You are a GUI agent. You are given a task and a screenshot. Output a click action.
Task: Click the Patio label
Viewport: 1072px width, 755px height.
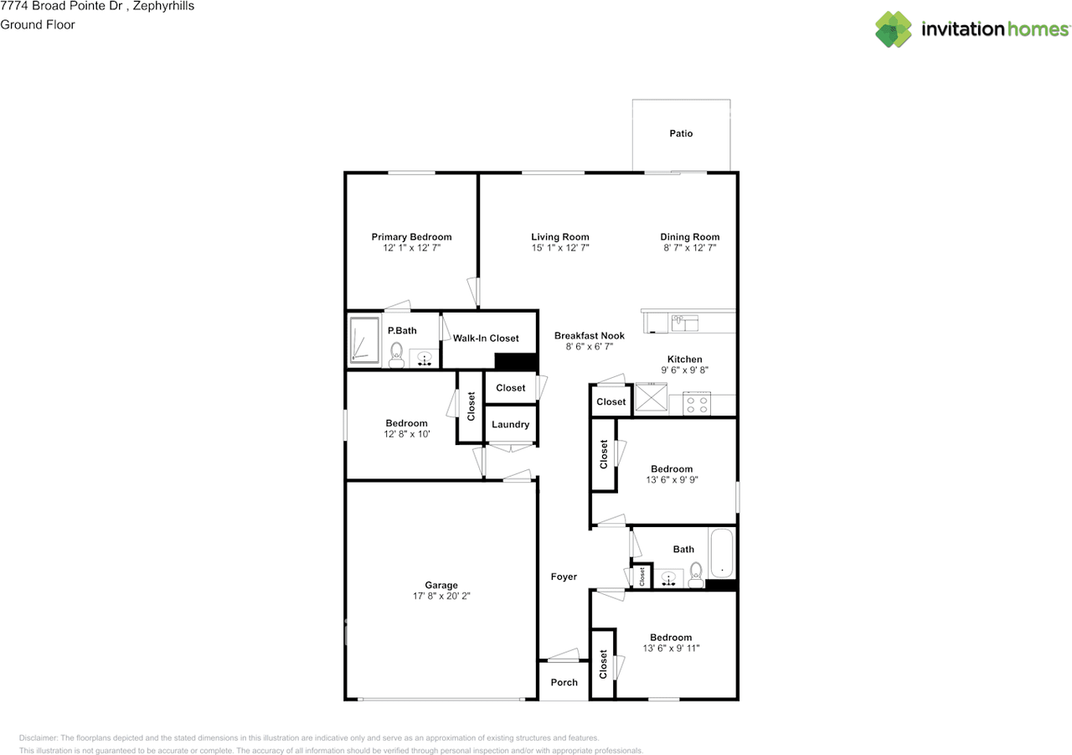pyautogui.click(x=681, y=133)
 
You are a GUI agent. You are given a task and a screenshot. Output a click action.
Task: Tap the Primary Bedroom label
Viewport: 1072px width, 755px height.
pyautogui.click(x=411, y=237)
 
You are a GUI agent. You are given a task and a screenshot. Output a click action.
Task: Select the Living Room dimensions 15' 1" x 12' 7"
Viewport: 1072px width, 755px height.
pyautogui.click(x=559, y=248)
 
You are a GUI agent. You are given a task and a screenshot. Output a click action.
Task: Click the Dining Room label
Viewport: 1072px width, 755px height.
pyautogui.click(x=689, y=237)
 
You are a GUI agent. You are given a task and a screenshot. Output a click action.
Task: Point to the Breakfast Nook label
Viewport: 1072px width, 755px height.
pyautogui.click(x=590, y=336)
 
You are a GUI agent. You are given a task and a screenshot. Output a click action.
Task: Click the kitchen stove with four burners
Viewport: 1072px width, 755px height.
pyautogui.click(x=697, y=405)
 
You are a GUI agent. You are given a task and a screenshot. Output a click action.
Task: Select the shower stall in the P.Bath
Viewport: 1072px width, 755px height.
pyautogui.click(x=363, y=341)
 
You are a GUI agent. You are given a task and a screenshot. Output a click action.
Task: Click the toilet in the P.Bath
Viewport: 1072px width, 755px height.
pyautogui.click(x=397, y=354)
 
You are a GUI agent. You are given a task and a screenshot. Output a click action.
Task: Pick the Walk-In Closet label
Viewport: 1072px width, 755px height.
pyautogui.click(x=486, y=339)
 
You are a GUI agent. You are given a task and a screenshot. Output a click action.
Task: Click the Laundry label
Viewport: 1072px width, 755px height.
pyautogui.click(x=510, y=425)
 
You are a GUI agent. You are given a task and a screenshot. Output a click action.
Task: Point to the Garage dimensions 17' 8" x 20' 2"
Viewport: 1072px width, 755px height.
pyautogui.click(x=441, y=597)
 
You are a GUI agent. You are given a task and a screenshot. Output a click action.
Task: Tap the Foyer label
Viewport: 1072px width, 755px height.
pyautogui.click(x=564, y=577)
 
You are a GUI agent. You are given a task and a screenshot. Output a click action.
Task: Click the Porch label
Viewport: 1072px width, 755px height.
pyautogui.click(x=564, y=682)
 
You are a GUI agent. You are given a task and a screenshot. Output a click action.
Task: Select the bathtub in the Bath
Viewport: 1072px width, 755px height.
pyautogui.click(x=722, y=553)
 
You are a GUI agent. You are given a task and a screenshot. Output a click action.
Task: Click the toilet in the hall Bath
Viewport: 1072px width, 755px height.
pyautogui.click(x=696, y=574)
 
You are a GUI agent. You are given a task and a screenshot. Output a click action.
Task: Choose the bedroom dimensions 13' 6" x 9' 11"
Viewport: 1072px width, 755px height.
pyautogui.click(x=671, y=649)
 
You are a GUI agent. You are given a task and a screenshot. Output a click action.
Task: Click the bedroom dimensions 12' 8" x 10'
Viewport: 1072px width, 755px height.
pyautogui.click(x=407, y=435)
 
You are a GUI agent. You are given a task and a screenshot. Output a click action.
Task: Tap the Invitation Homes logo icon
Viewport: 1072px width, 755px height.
pyautogui.click(x=894, y=29)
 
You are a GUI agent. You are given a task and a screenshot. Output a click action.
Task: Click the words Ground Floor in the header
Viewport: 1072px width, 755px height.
pyautogui.click(x=38, y=24)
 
